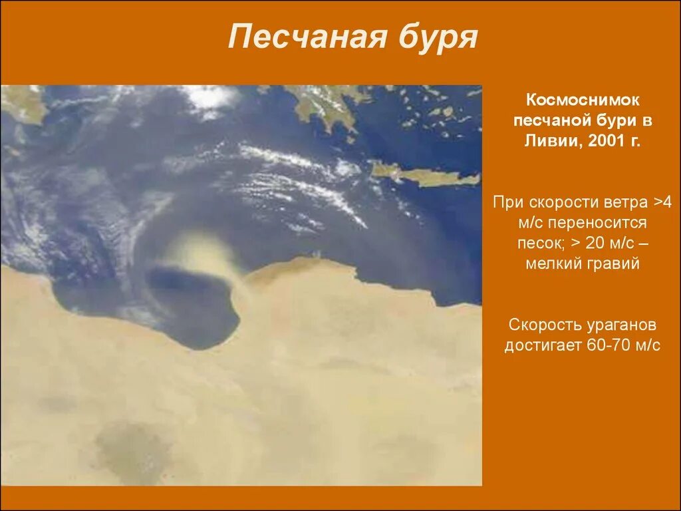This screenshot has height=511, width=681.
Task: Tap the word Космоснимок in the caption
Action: (x=583, y=100)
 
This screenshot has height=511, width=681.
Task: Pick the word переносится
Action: (x=601, y=223)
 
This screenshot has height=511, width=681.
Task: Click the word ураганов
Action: (x=624, y=325)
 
